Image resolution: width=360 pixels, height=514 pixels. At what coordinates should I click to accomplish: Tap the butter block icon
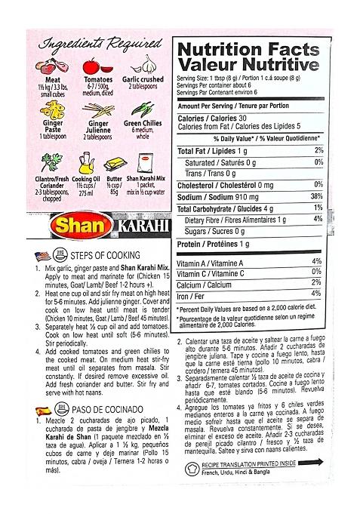coord(115,162)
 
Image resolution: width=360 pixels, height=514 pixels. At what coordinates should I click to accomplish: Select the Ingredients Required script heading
coord(95,41)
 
